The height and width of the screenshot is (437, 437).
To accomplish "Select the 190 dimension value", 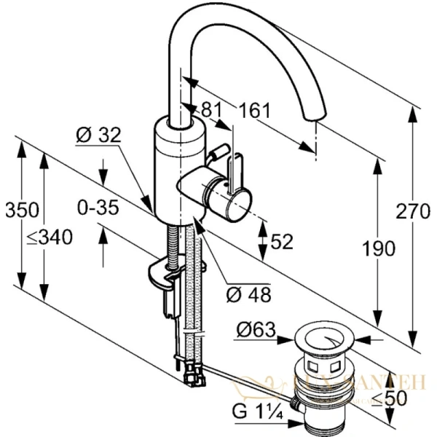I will tap(379, 248).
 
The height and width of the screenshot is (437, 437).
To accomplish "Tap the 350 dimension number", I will tap(21, 210).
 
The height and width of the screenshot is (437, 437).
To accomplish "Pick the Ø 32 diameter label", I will tap(98, 135).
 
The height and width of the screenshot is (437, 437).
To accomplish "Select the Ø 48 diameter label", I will tap(249, 295).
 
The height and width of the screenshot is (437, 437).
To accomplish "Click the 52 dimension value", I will tap(283, 240).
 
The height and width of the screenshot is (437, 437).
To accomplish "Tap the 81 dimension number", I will tap(210, 110).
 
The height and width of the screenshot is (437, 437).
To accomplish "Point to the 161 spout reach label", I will tap(254, 111).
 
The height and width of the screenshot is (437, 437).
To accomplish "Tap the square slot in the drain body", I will tap(315, 362).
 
